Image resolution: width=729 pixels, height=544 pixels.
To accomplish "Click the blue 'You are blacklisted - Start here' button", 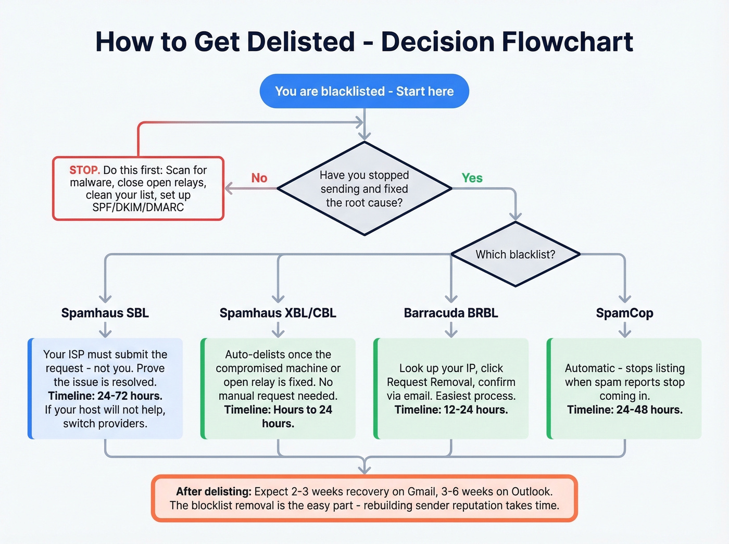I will pos(364,91).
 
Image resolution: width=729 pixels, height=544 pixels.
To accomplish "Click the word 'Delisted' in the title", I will pos(300,42).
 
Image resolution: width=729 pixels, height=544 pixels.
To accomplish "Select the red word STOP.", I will pos(84,170).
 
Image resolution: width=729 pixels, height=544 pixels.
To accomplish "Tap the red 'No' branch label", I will pos(259,178).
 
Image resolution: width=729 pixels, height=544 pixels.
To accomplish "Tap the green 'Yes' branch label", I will pos(472,178).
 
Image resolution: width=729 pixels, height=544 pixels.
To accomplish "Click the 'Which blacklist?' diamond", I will pos(515,255).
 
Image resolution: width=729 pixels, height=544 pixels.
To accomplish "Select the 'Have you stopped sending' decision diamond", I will pos(364,188).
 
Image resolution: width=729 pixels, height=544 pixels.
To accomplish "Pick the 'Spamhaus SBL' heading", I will pos(105,313).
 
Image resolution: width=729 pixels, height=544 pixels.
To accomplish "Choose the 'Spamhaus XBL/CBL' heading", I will pos(278,313).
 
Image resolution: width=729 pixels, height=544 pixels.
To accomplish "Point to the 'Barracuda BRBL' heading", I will pos(451,313).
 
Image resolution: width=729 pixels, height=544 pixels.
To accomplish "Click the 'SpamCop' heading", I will pos(624,313).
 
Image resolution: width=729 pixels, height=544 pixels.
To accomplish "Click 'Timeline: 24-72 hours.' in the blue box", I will pos(105,396).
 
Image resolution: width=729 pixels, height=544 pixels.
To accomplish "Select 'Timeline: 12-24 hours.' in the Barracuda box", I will pos(451,410).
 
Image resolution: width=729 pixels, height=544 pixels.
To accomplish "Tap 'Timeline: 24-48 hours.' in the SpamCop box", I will pos(624,410).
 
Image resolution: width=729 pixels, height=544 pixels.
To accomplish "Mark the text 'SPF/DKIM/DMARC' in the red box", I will pos(138,207).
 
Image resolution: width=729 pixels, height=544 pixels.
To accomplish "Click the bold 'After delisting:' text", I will pos(213,491).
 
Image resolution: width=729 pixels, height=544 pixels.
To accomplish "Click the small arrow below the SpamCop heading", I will pos(624,331).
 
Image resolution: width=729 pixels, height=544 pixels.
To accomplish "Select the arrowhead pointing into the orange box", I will pos(364,470).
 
